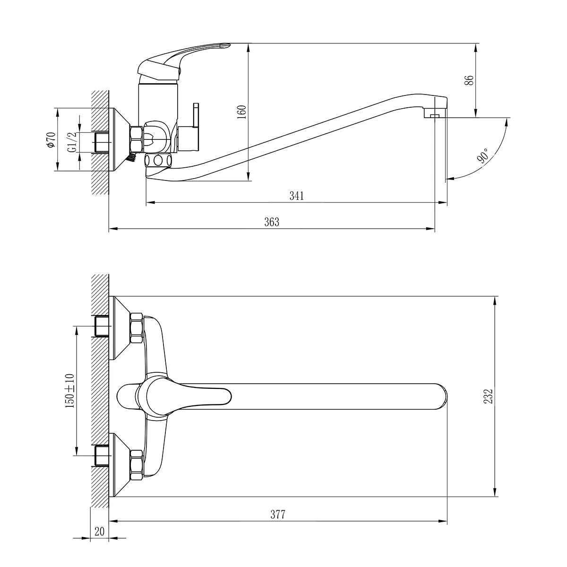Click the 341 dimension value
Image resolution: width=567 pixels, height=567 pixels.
(x=296, y=196)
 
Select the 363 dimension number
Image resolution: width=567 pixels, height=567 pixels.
(x=272, y=222)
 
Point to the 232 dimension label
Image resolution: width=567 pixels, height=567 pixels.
(x=489, y=396)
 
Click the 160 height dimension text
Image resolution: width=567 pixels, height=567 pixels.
(x=241, y=112)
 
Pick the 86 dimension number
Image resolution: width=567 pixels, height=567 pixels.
(x=469, y=80)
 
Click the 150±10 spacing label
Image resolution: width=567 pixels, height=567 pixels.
(x=70, y=390)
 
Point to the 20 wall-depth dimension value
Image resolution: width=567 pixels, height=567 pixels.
(x=99, y=531)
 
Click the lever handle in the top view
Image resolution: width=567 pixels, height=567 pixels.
(x=189, y=396)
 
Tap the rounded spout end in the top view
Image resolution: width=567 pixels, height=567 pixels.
(x=439, y=396)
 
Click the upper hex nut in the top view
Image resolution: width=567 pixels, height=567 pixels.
(x=137, y=328)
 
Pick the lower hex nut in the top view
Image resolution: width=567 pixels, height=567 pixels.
(x=137, y=464)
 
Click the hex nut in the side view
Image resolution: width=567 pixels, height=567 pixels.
(x=136, y=139)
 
